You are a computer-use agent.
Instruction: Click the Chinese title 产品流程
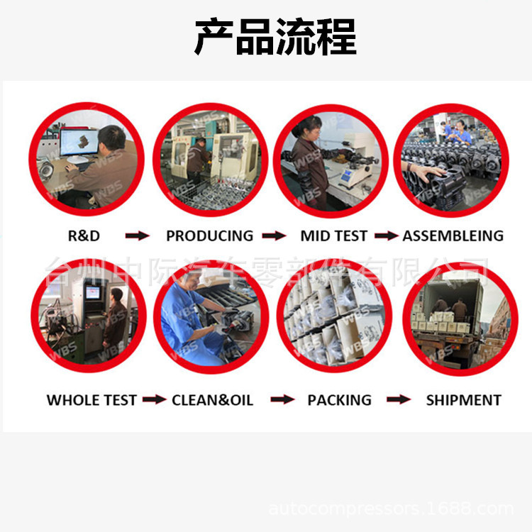pyautogui.click(x=275, y=38)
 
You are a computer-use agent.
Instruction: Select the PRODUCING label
pyautogui.click(x=209, y=235)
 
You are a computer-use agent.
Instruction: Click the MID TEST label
pyautogui.click(x=333, y=235)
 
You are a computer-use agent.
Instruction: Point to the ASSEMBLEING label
pyautogui.click(x=453, y=235)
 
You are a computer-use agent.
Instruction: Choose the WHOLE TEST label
pyautogui.click(x=92, y=400)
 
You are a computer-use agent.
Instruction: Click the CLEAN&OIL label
pyautogui.click(x=212, y=400)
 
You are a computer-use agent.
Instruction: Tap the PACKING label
pyautogui.click(x=339, y=400)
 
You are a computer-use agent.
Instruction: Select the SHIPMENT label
pyautogui.click(x=463, y=400)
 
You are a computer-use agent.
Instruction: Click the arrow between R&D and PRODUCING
pyautogui.click(x=137, y=235)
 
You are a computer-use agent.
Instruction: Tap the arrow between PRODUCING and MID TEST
pyautogui.click(x=274, y=235)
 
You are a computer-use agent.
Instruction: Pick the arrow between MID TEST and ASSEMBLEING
pyautogui.click(x=386, y=235)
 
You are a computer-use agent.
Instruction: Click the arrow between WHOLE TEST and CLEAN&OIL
pyautogui.click(x=154, y=400)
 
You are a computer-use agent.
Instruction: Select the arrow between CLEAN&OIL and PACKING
pyautogui.click(x=282, y=400)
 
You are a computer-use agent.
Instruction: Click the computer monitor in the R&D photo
pyautogui.click(x=79, y=141)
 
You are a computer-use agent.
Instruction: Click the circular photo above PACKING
pyautogui.click(x=333, y=316)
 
